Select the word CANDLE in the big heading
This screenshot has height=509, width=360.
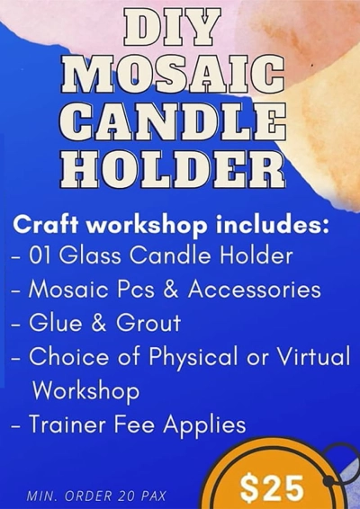click(x=179, y=122)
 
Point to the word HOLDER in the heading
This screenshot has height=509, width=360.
click(x=179, y=168)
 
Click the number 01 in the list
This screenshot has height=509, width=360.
click(x=42, y=256)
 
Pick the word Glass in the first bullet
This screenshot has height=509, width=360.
click(x=94, y=256)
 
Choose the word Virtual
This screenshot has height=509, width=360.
click(x=312, y=356)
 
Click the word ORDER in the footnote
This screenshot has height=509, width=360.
click(x=91, y=495)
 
